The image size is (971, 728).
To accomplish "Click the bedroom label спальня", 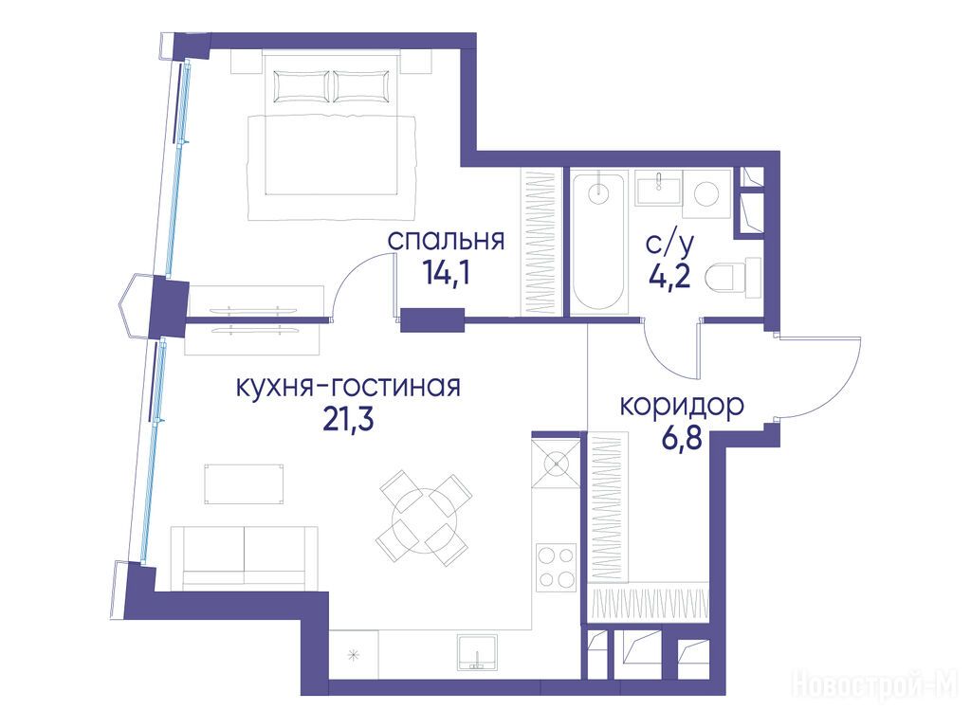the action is pos(446,241).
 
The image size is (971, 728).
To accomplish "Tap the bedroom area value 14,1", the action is pos(446,271).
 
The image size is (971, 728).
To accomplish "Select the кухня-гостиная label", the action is pos(349,387).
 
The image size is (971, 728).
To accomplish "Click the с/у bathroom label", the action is pos(670,246).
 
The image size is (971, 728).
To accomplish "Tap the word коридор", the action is pos(682,407).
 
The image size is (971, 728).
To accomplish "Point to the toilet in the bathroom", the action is pos(734,278).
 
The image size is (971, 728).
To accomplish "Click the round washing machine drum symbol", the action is pos(706,193).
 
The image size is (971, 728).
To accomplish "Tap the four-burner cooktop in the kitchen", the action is pos(557,566).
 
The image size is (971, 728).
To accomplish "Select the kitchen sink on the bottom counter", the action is pos(478,652).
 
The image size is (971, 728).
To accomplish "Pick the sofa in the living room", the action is pos(245,555).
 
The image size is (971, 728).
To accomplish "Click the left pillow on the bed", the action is pos(301,85).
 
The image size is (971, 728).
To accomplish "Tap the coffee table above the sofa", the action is pos(245,483).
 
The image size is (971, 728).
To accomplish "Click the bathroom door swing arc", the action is pos(663,360).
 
